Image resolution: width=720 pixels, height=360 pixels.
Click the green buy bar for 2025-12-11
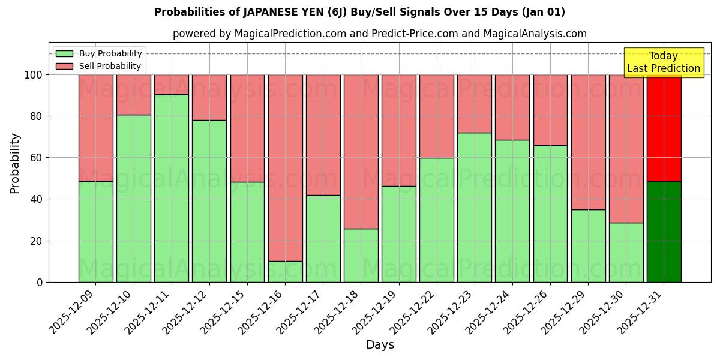[x=172, y=188]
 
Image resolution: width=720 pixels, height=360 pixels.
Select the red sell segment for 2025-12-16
[x=285, y=168]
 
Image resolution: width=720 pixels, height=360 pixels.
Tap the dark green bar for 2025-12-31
[x=664, y=232]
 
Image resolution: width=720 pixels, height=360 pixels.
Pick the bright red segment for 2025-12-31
[x=664, y=128]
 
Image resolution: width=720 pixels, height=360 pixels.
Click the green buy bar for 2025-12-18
[x=361, y=255]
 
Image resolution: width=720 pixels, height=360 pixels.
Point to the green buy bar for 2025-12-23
[x=475, y=207]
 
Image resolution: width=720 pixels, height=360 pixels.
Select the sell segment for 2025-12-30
[x=626, y=149]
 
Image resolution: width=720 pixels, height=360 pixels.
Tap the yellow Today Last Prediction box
[x=664, y=62]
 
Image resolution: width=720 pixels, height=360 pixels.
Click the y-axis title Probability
[x=15, y=163]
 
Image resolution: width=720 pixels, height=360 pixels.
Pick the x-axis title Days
[x=380, y=345]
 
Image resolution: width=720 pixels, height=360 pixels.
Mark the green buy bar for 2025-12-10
[x=134, y=198]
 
